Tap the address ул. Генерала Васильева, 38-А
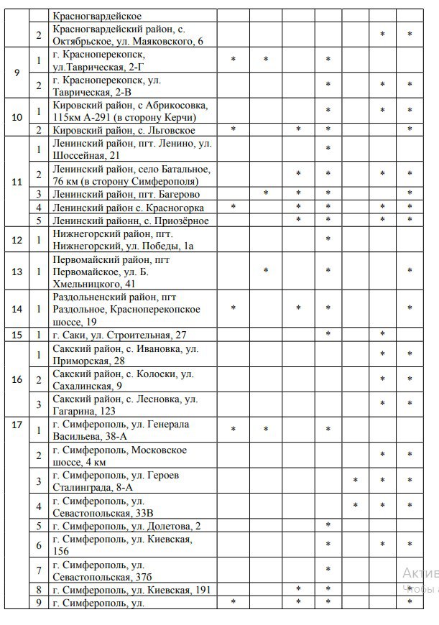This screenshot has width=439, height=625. click(x=121, y=430)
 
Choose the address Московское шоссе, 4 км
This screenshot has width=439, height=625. click(x=120, y=455)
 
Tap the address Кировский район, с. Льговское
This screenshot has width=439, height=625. click(x=124, y=129)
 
